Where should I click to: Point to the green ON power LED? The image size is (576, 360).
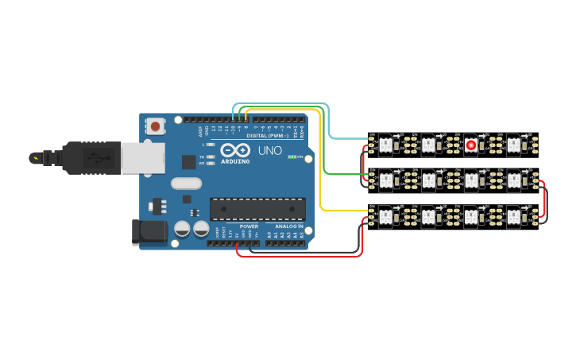(x=292, y=157)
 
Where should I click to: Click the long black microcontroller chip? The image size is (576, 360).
(x=257, y=209)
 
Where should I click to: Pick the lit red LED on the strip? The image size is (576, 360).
(x=471, y=145)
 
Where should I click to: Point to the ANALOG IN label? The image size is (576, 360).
(x=284, y=226)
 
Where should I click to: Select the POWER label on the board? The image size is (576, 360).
(x=248, y=226)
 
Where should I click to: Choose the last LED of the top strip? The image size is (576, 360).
(x=514, y=145)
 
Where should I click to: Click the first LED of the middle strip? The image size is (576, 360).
(x=385, y=180)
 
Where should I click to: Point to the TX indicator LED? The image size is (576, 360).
(x=209, y=157)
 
